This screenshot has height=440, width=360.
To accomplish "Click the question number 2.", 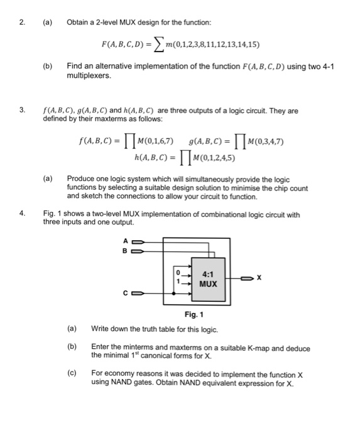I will pos(22,24).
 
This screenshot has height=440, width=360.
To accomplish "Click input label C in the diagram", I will pos(124,293).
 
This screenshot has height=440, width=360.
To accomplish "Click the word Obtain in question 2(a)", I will pos(78,24).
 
